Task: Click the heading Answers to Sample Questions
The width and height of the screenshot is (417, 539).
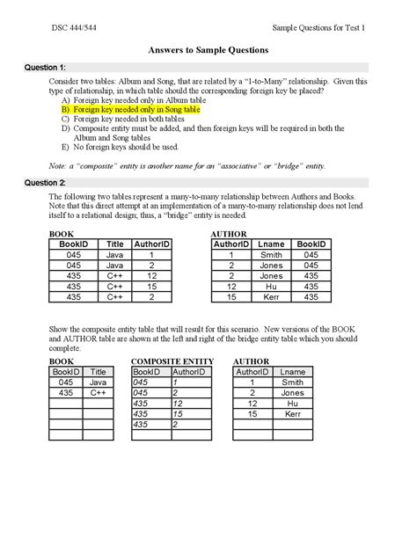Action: coord(208,51)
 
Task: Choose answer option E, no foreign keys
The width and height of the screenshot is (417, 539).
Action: coord(127,147)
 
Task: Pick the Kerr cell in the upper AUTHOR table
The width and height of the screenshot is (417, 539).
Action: coord(270,297)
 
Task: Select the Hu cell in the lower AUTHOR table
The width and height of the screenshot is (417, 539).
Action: coord(291,403)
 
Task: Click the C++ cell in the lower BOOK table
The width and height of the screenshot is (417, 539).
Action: coord(98,392)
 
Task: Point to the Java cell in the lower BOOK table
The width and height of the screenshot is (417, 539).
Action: coord(98,382)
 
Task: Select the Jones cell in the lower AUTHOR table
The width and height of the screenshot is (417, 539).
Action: coord(291,392)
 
